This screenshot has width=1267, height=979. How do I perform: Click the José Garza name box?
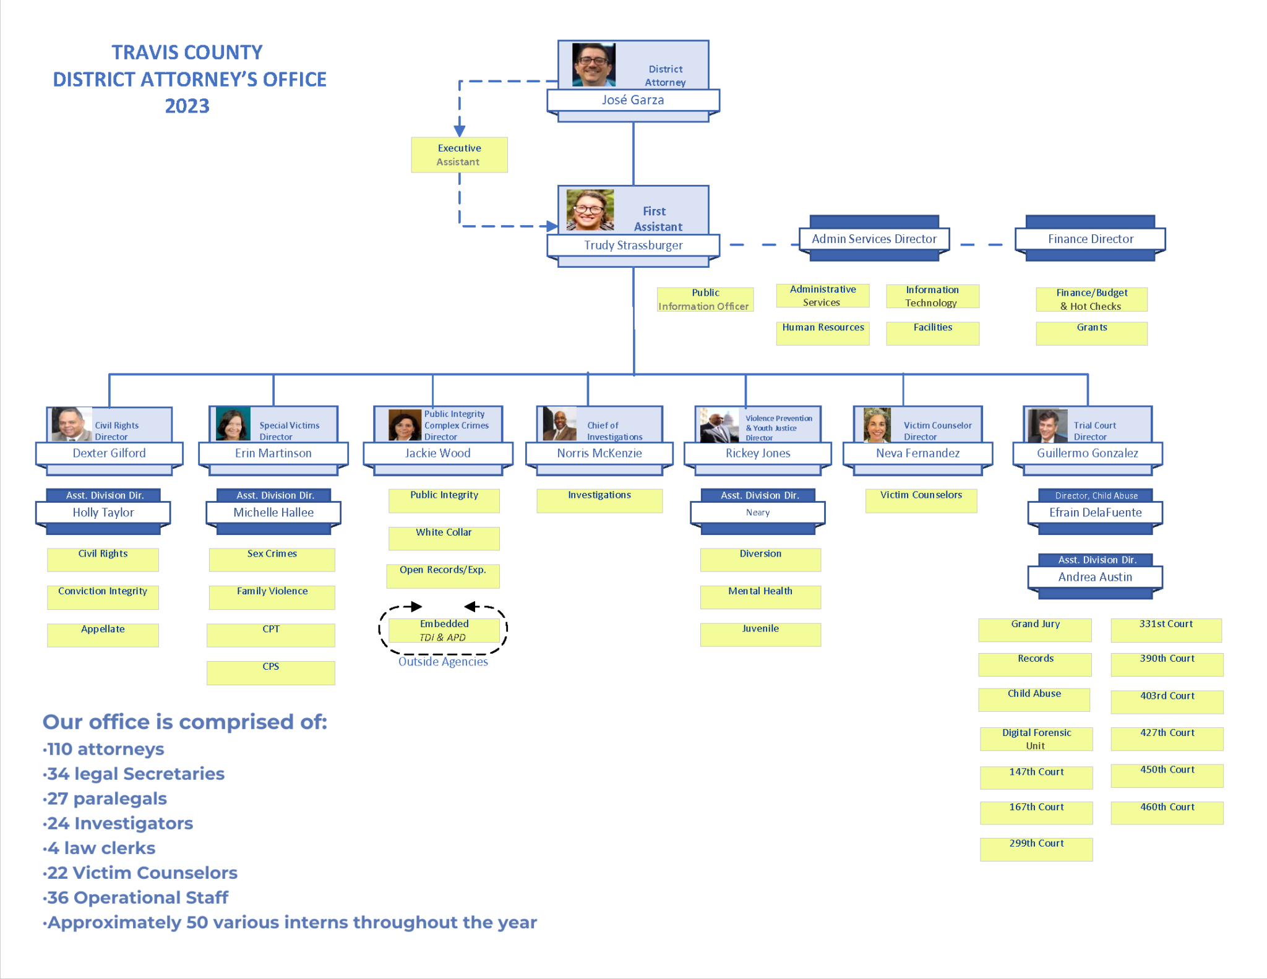tap(633, 100)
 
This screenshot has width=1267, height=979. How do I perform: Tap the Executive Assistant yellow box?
tap(459, 155)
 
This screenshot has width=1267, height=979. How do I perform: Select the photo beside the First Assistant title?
tap(590, 210)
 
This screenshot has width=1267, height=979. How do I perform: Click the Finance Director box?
tap(1090, 239)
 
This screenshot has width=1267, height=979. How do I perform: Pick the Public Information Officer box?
tap(705, 299)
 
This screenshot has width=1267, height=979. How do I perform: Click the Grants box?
tap(1091, 332)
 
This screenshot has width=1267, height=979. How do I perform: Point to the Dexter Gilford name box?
tap(109, 453)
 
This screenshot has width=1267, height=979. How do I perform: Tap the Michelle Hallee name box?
tap(273, 513)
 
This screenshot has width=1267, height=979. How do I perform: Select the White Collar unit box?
tap(444, 537)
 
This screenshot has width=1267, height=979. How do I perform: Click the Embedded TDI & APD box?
tap(444, 630)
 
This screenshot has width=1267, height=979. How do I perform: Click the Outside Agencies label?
tap(443, 662)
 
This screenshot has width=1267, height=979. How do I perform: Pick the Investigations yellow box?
tap(599, 500)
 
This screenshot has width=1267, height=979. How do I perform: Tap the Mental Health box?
tap(760, 596)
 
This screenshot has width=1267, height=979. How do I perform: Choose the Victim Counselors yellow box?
tap(921, 500)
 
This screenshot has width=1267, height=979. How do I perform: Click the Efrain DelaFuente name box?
tap(1095, 513)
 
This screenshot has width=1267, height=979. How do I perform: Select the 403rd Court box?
tap(1167, 701)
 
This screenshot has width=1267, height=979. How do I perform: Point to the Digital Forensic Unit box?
tap(1036, 738)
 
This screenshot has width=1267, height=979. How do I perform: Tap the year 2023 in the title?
tap(187, 106)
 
